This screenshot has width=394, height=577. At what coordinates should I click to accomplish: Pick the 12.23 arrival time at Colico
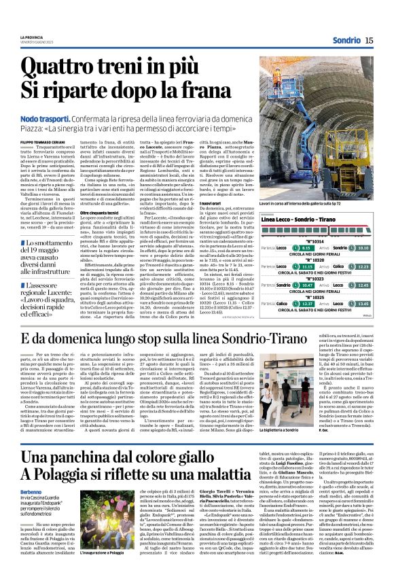361,267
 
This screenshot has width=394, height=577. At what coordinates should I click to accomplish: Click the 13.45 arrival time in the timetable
361,304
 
